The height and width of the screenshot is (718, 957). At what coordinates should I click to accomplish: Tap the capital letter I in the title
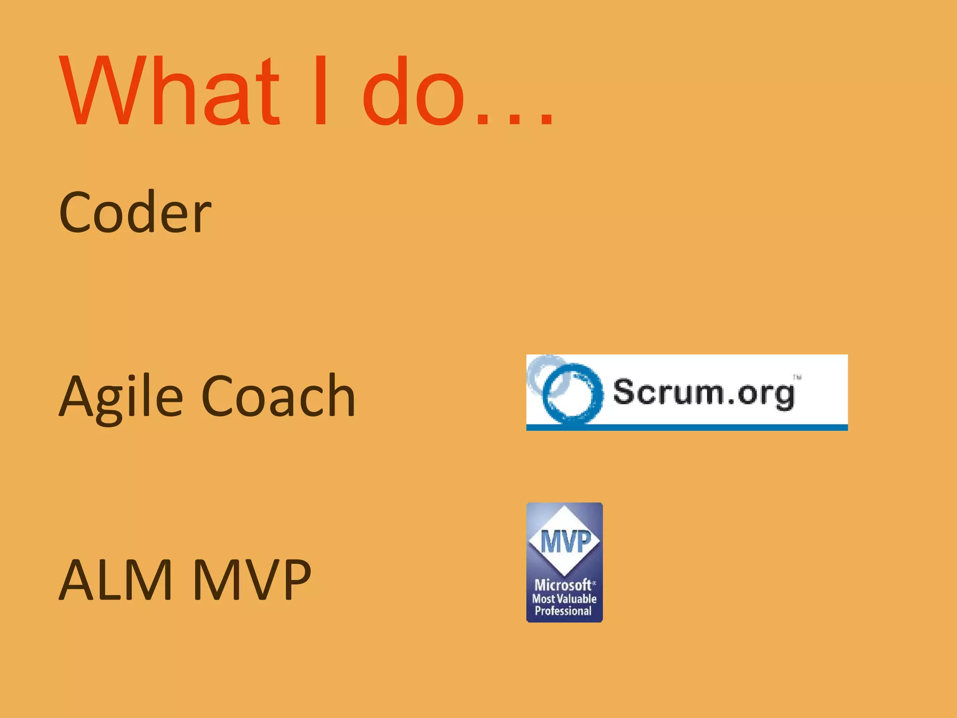tap(321, 91)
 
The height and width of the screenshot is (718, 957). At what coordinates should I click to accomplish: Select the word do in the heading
tap(413, 91)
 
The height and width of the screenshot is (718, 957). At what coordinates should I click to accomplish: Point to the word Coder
tap(135, 213)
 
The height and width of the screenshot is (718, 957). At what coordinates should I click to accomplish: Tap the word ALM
tap(115, 580)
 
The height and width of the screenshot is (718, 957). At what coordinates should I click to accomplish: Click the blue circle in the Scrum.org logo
tap(572, 393)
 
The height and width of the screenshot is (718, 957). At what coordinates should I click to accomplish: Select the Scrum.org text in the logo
tap(703, 393)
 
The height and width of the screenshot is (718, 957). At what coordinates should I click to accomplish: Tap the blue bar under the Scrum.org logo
tap(686, 427)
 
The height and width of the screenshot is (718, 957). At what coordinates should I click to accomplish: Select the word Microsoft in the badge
tap(563, 585)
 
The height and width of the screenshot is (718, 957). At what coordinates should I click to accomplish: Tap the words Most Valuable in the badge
tap(564, 599)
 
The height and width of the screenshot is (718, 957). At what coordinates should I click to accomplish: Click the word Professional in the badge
tap(563, 611)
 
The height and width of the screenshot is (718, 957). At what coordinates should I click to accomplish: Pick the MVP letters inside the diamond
tap(565, 541)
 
